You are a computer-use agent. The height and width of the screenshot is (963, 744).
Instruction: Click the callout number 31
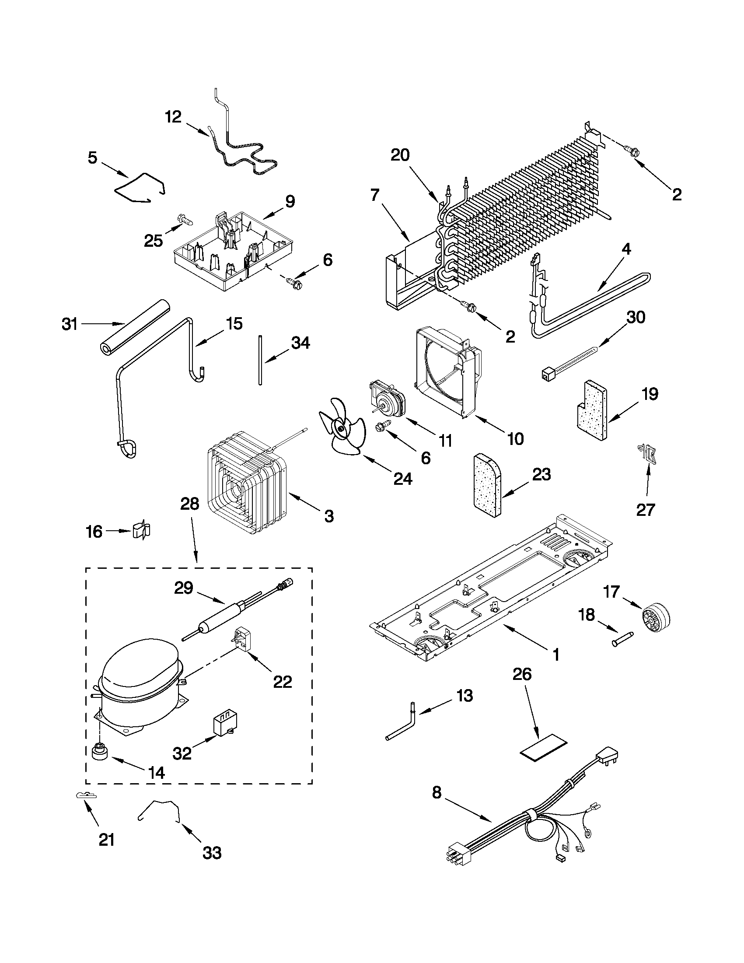[x=70, y=325]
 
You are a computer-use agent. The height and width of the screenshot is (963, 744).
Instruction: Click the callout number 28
[x=189, y=504]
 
